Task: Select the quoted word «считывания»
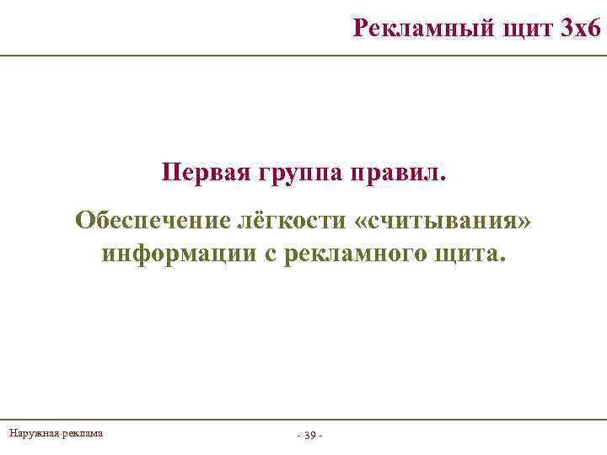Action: tap(444, 222)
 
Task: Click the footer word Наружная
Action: tap(31, 433)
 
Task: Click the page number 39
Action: tap(309, 436)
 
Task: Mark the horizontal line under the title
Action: tap(303, 55)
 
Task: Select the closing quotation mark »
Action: tap(525, 222)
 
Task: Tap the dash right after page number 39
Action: tap(321, 436)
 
